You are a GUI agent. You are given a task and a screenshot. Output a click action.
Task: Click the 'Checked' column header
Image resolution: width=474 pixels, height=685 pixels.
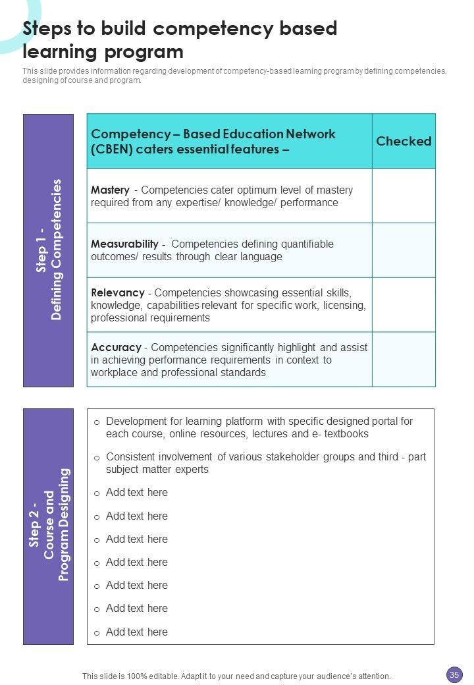(x=404, y=141)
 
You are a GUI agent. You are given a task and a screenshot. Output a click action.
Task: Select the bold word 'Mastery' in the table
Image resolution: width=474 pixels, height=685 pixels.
(x=110, y=190)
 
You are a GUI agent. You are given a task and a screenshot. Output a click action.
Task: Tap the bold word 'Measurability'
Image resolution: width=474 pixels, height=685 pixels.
(x=124, y=244)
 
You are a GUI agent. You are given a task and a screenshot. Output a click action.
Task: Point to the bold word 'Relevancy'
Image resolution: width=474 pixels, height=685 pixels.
(x=117, y=292)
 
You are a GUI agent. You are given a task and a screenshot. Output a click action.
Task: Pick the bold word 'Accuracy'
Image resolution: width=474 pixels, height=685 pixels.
(x=116, y=347)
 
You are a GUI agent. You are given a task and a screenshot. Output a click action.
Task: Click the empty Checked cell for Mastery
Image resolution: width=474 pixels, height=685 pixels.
(x=404, y=196)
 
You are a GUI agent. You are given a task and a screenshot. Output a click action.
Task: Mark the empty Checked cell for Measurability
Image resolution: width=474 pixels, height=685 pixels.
(x=404, y=250)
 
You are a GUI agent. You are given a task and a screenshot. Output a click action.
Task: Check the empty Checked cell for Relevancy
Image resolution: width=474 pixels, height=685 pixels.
(x=404, y=304)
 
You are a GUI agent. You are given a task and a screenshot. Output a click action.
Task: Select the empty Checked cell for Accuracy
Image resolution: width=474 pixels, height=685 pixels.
(x=404, y=359)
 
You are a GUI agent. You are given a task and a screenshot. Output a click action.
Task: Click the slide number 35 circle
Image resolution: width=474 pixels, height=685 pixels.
(x=454, y=674)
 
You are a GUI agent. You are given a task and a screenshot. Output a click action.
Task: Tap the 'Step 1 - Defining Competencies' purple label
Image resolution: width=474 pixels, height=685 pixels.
(x=49, y=250)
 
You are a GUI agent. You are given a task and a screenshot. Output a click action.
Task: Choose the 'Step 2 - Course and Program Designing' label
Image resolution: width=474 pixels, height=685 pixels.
(x=49, y=526)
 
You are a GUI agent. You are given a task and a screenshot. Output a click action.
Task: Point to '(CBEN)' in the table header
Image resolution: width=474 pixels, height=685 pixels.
(x=112, y=149)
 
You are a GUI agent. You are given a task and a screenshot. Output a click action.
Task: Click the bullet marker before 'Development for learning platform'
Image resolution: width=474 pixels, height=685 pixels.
(x=97, y=422)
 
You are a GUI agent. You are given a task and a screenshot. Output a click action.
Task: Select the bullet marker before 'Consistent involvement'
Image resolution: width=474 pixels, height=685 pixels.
(x=97, y=458)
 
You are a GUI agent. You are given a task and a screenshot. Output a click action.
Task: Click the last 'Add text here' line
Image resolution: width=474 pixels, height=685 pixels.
(x=136, y=632)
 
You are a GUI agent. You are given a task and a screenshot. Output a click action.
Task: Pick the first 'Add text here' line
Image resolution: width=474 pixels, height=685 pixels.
(x=136, y=492)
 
